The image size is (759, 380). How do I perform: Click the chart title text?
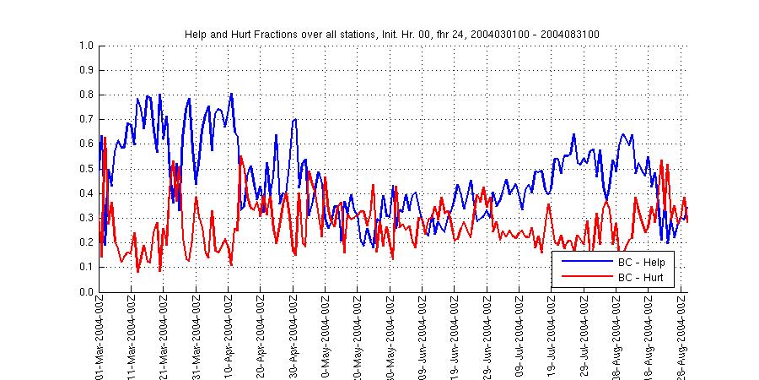391,34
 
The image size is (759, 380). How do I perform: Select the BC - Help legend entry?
642,263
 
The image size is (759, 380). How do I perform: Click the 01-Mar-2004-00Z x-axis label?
100,338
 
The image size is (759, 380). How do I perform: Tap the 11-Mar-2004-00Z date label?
132,338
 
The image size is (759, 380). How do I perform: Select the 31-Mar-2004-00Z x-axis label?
196,338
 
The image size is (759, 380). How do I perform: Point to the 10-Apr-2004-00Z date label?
229,338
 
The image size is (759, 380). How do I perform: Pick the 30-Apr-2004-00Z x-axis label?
293,338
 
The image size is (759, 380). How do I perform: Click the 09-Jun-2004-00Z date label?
423,338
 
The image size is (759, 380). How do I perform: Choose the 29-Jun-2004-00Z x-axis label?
487,338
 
